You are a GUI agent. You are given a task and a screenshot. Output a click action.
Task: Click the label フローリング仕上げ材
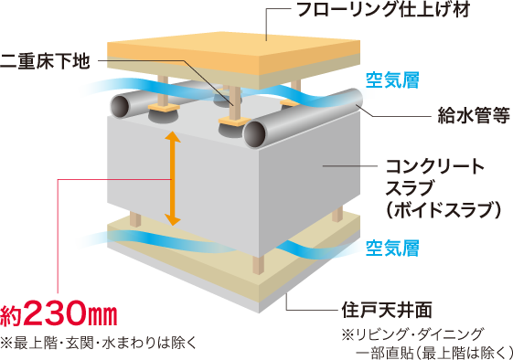(x=383, y=9)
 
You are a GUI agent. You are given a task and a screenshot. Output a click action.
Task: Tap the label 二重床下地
(x=45, y=61)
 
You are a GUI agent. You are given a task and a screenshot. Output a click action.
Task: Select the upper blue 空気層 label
(x=392, y=80)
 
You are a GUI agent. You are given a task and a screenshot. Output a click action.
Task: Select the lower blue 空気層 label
(x=392, y=248)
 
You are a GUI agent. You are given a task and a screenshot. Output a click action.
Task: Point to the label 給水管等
(x=474, y=115)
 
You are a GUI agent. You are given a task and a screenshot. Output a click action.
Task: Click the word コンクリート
(x=434, y=166)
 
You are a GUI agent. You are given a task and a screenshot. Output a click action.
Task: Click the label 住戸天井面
(x=387, y=309)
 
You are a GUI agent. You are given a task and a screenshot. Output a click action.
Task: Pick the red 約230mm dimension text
(x=59, y=314)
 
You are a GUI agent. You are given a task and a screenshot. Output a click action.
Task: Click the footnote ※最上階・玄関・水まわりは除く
(x=98, y=344)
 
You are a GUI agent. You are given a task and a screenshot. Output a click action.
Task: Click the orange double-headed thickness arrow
(x=173, y=178)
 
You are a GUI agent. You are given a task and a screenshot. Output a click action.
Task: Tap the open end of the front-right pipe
(x=254, y=134)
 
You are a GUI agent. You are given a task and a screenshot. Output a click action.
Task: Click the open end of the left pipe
(x=120, y=106)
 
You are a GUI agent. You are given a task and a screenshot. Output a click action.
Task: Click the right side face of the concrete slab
(x=310, y=183)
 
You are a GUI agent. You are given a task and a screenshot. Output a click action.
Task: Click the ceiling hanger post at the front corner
(x=259, y=264)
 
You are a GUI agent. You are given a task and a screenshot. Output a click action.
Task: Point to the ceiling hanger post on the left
(x=135, y=218)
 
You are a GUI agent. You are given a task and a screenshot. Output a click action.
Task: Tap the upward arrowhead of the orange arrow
(x=173, y=137)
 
